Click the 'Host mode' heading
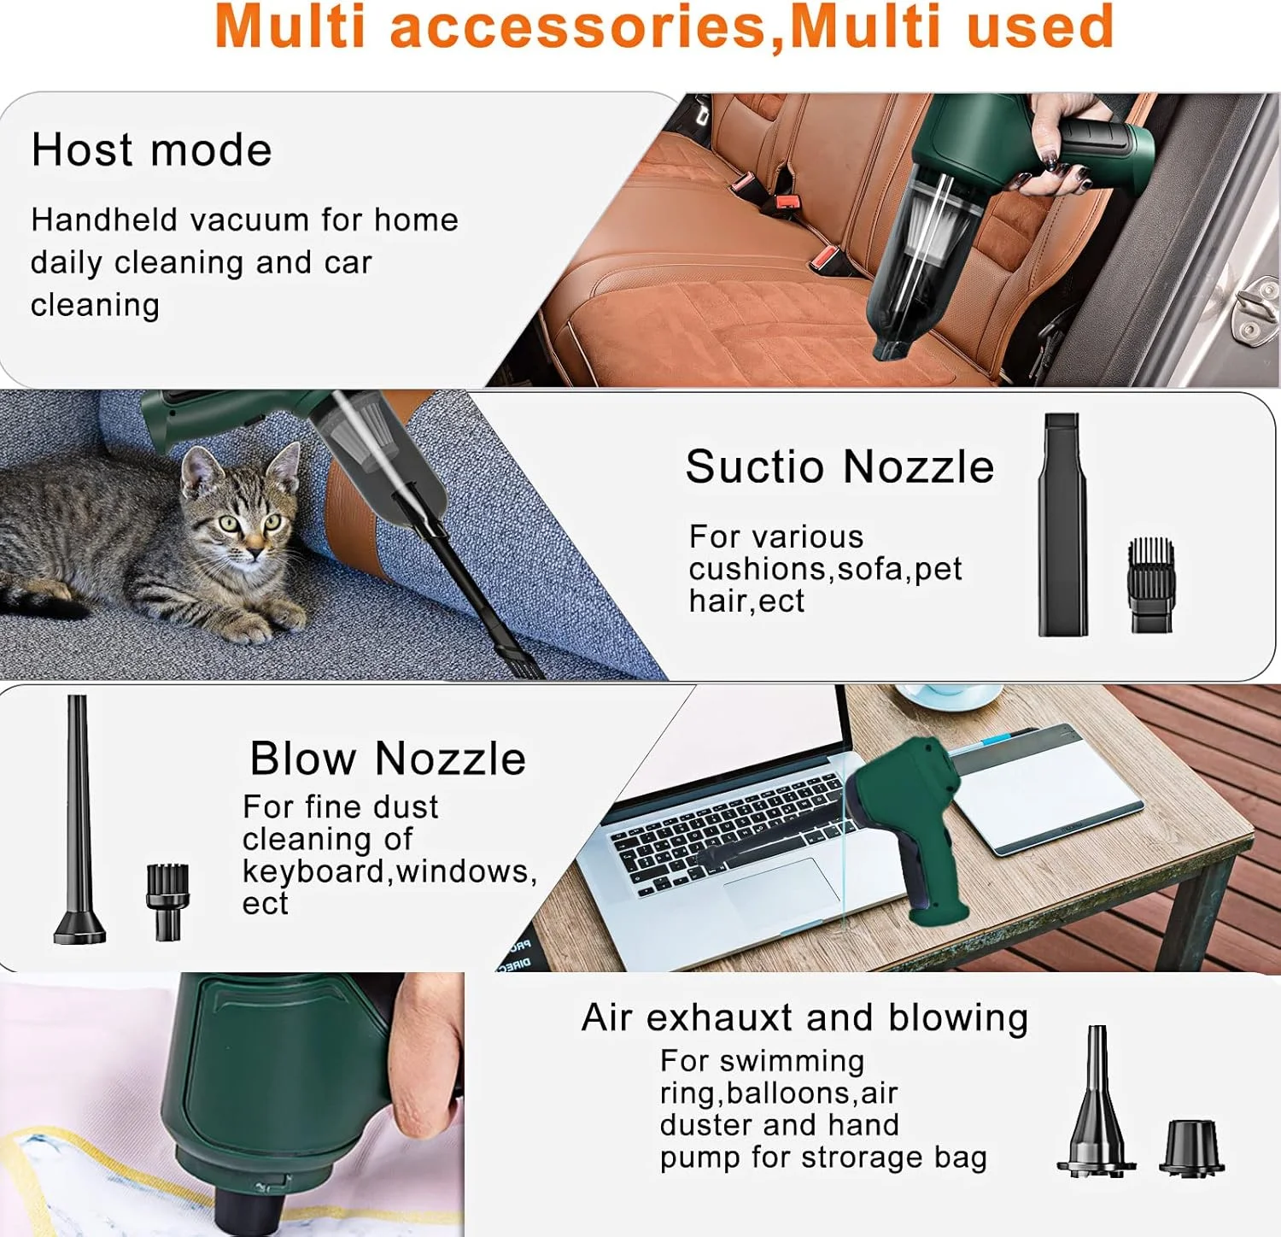click(x=152, y=150)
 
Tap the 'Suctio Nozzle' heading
click(x=840, y=466)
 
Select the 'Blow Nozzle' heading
click(x=388, y=758)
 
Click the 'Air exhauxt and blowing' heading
click(x=805, y=1017)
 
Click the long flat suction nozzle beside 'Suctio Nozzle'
click(x=1063, y=525)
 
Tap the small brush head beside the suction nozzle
click(x=1152, y=585)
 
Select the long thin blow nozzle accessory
click(x=79, y=819)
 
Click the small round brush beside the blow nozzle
click(x=167, y=902)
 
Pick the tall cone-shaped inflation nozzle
click(x=1097, y=1102)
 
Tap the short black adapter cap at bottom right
click(x=1191, y=1147)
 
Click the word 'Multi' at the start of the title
click(x=291, y=26)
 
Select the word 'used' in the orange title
click(x=1041, y=26)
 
